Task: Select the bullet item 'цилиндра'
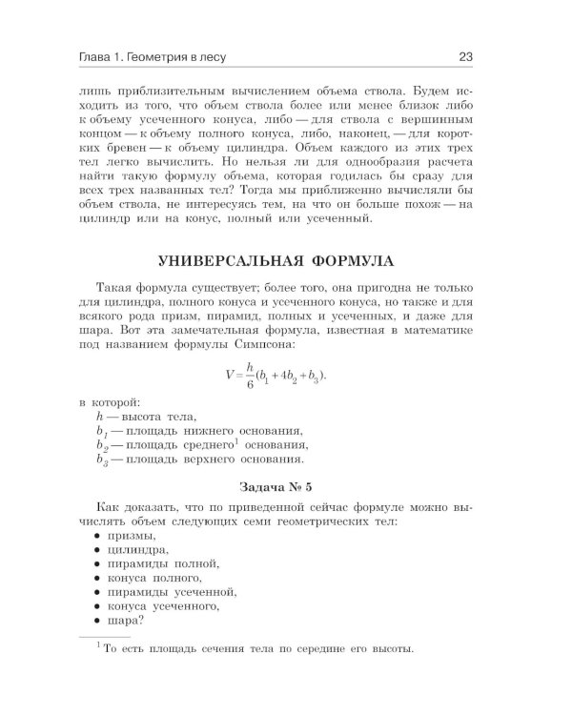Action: click(x=138, y=550)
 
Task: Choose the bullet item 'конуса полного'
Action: click(x=154, y=578)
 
